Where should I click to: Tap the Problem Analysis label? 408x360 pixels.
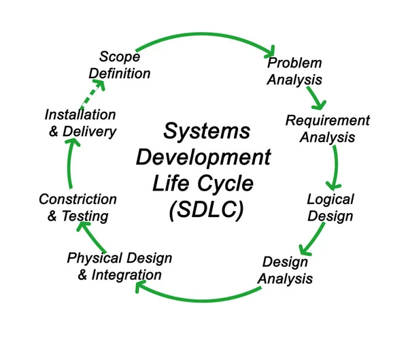click(x=294, y=71)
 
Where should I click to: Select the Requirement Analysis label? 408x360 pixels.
click(x=328, y=129)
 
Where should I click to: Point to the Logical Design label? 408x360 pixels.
click(x=330, y=208)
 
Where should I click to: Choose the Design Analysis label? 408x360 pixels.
click(x=287, y=270)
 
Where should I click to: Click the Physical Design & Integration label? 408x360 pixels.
click(x=120, y=266)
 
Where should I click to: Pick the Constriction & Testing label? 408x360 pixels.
click(x=78, y=208)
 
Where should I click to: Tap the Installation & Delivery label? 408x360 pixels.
click(x=80, y=123)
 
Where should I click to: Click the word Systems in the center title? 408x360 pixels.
click(x=207, y=131)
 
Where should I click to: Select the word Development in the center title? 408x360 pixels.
click(x=203, y=157)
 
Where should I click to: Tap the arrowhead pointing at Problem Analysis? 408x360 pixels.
click(x=270, y=51)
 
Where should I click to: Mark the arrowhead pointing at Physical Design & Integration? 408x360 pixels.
click(x=141, y=287)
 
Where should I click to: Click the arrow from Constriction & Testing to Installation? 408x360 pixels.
click(x=70, y=166)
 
